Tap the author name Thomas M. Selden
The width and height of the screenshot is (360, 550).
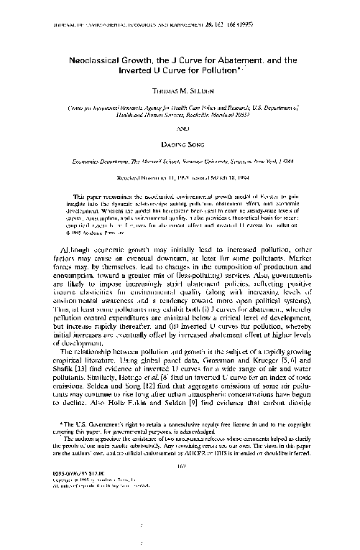[180, 93]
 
